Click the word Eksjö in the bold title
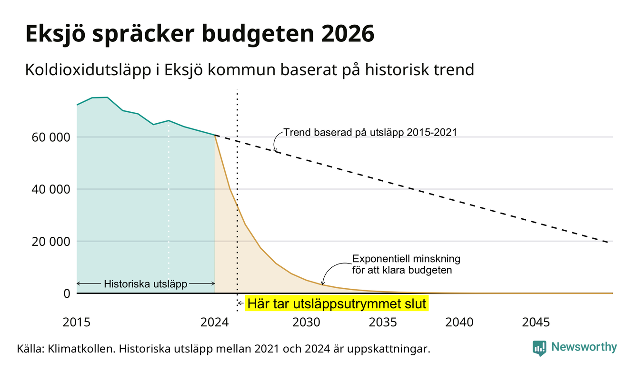pos(56,34)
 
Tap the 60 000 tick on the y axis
pos(50,137)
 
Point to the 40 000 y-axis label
pos(50,189)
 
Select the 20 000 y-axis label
pos(50,242)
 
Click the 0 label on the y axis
pos(67,293)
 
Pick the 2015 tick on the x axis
pos(76,322)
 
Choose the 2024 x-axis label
pos(214,322)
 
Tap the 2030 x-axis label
pos(307,322)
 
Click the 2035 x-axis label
pos(383,322)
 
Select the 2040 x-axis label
pos(459,322)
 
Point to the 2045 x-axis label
pos(536,322)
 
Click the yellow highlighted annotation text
pos(337,304)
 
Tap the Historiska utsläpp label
pos(145,284)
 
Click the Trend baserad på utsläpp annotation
pos(370,133)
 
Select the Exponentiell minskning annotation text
pos(406,264)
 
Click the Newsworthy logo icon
pos(539,348)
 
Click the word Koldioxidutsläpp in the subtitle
pos(88,70)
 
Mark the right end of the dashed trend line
pos(608,242)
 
